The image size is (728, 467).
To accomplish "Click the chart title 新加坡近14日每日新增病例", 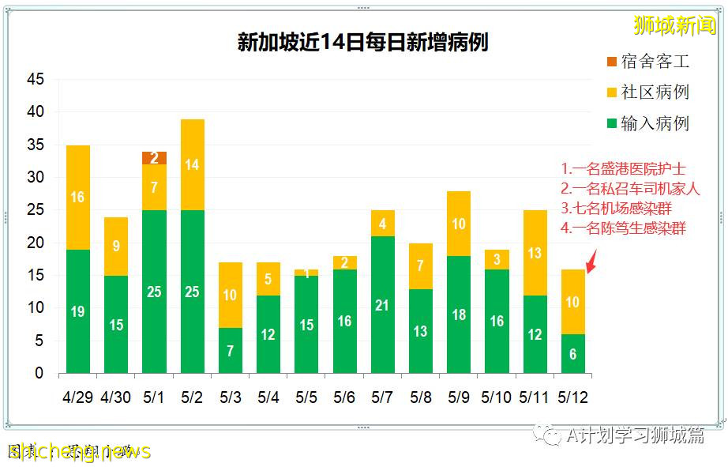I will click(x=362, y=42).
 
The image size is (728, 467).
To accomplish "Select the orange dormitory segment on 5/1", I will click(x=154, y=158).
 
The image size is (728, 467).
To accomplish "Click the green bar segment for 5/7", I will click(x=382, y=304).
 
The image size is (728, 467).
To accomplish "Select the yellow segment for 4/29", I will click(x=78, y=198).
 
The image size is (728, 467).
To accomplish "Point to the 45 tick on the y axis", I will click(x=35, y=80).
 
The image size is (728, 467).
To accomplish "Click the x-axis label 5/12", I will click(x=572, y=396).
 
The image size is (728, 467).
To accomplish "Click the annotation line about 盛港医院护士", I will click(x=623, y=168).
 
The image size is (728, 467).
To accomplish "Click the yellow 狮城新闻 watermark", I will click(x=674, y=25).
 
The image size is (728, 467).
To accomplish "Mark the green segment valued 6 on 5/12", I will click(x=572, y=353).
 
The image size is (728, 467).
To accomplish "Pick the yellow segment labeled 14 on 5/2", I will click(x=192, y=164).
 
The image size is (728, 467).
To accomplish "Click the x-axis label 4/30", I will click(x=116, y=396).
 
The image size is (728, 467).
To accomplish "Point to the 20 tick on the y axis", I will click(x=35, y=243).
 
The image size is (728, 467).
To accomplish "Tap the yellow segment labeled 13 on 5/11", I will click(x=535, y=253).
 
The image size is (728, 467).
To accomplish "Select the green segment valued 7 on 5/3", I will click(x=230, y=350).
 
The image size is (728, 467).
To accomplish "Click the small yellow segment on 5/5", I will click(x=306, y=273).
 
